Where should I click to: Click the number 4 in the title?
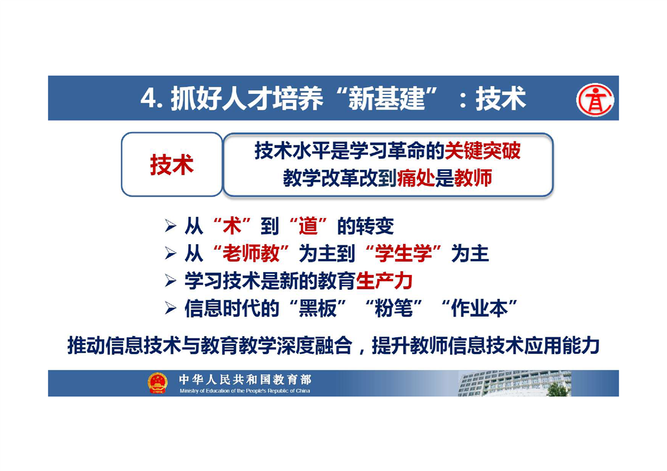pos(149,99)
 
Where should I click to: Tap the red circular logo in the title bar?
pos(594,99)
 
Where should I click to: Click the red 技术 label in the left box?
pos(172,165)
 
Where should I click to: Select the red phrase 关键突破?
pos(482,151)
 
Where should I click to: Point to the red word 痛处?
pos(416,178)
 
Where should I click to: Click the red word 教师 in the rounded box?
pos(473,178)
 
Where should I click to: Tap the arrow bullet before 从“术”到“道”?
pos(170,226)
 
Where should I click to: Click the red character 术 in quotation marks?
pos(232,226)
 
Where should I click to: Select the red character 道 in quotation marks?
pos(308,226)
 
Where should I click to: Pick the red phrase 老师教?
pos(251,254)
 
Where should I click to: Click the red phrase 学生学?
pos(403,254)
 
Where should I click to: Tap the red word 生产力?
pos(384,281)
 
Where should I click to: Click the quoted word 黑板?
pos(318,308)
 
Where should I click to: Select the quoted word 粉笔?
pos(394,308)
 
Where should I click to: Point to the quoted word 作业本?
pos(479,308)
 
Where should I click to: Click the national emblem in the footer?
pos(158,383)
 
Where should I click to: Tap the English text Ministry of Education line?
pos(244,391)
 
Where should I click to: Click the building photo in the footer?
pos(515,384)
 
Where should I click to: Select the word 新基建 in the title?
pos(386,99)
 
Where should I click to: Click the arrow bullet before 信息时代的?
pos(170,308)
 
